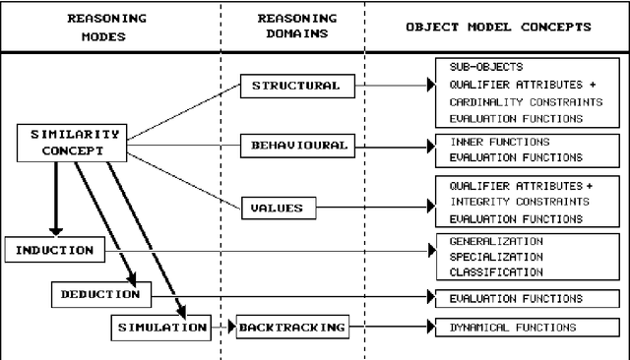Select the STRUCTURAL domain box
pos(294,86)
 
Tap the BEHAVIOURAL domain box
pos(295,146)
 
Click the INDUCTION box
pos(55,251)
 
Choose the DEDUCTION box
pos(100,293)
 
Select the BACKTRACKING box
pos(291,326)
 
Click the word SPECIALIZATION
pos(492,256)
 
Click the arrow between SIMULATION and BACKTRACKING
pos(222,326)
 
